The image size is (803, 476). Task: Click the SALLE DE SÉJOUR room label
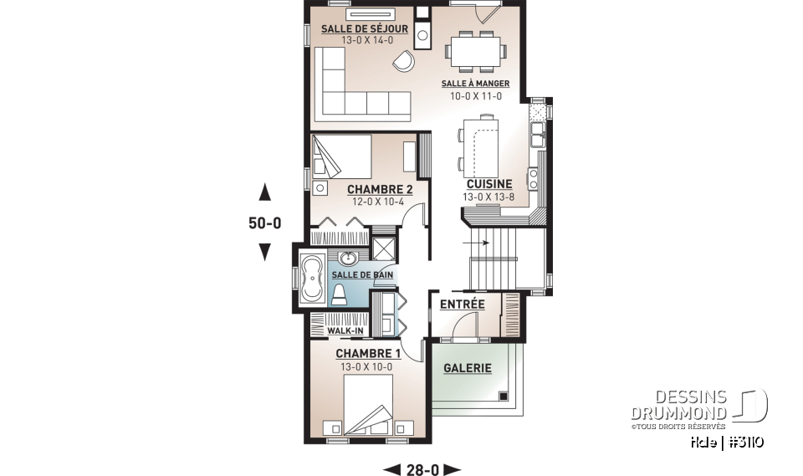pyautogui.click(x=365, y=29)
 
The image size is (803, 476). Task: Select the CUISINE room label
pyautogui.click(x=489, y=184)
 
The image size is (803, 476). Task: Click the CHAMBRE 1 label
pyautogui.click(x=368, y=353)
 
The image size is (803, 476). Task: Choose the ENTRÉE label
pyautogui.click(x=463, y=305)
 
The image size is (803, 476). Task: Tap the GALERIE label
pyautogui.click(x=467, y=368)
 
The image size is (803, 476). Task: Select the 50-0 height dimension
pyautogui.click(x=265, y=223)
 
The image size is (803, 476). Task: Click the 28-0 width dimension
pyautogui.click(x=422, y=469)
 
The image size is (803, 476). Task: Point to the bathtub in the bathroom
pyautogui.click(x=314, y=277)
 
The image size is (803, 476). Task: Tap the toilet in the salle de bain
pyautogui.click(x=340, y=293)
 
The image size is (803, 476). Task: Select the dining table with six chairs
pyautogui.click(x=473, y=49)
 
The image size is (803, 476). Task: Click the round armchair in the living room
pyautogui.click(x=405, y=60)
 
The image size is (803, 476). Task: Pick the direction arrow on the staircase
pyautogui.click(x=481, y=243)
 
